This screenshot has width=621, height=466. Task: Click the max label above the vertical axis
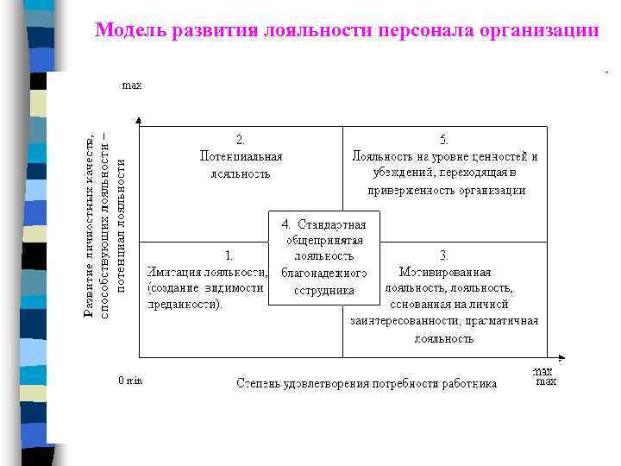[132, 85]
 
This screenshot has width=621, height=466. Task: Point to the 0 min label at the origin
[130, 381]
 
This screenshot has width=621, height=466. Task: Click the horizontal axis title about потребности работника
[367, 383]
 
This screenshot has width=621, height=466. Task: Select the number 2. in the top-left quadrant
[241, 139]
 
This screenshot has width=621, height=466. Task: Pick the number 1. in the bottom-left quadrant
[229, 255]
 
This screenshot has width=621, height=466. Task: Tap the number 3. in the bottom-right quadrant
[444, 255]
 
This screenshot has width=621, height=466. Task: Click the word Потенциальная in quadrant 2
[241, 156]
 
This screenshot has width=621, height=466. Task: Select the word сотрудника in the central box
[323, 290]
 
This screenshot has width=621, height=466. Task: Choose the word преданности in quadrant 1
[182, 304]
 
